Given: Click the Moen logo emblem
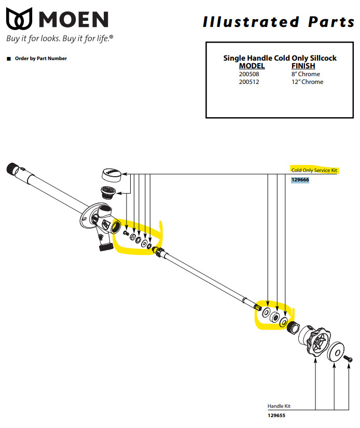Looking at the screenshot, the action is [x=19, y=19].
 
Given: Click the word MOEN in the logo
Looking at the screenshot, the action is [x=74, y=19].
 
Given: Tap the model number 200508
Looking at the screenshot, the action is [x=249, y=74].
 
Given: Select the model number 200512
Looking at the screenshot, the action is [x=249, y=82].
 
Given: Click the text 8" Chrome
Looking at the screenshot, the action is [x=306, y=74].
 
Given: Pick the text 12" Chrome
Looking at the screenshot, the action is [x=307, y=82].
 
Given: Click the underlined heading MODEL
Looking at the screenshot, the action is [x=252, y=66].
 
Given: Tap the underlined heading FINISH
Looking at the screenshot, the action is [x=303, y=66].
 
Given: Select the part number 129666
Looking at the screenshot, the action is [x=300, y=180].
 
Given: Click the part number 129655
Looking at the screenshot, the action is [x=276, y=416].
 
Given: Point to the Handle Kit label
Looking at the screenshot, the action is [x=279, y=406].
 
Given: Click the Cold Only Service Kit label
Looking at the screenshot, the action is [x=314, y=170].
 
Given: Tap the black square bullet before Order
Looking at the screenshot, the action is [x=9, y=59].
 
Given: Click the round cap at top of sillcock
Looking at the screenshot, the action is [x=111, y=175].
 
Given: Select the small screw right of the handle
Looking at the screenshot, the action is [x=348, y=358].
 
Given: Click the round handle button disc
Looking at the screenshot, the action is [x=336, y=351].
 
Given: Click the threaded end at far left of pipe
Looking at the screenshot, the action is [x=12, y=169].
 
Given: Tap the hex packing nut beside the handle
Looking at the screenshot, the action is [x=294, y=327].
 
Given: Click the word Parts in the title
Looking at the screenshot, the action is [x=331, y=22].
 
